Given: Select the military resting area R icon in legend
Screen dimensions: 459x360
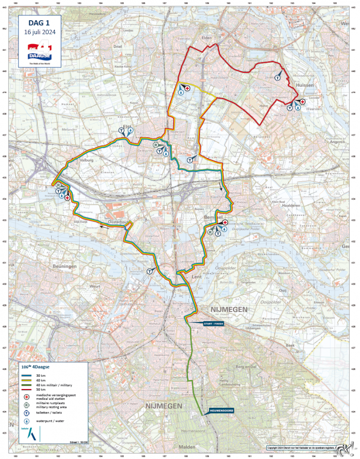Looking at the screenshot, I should pos(27,406).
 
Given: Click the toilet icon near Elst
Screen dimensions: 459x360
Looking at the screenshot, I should pos(121,130).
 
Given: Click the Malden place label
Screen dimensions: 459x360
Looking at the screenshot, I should pos(187,446).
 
